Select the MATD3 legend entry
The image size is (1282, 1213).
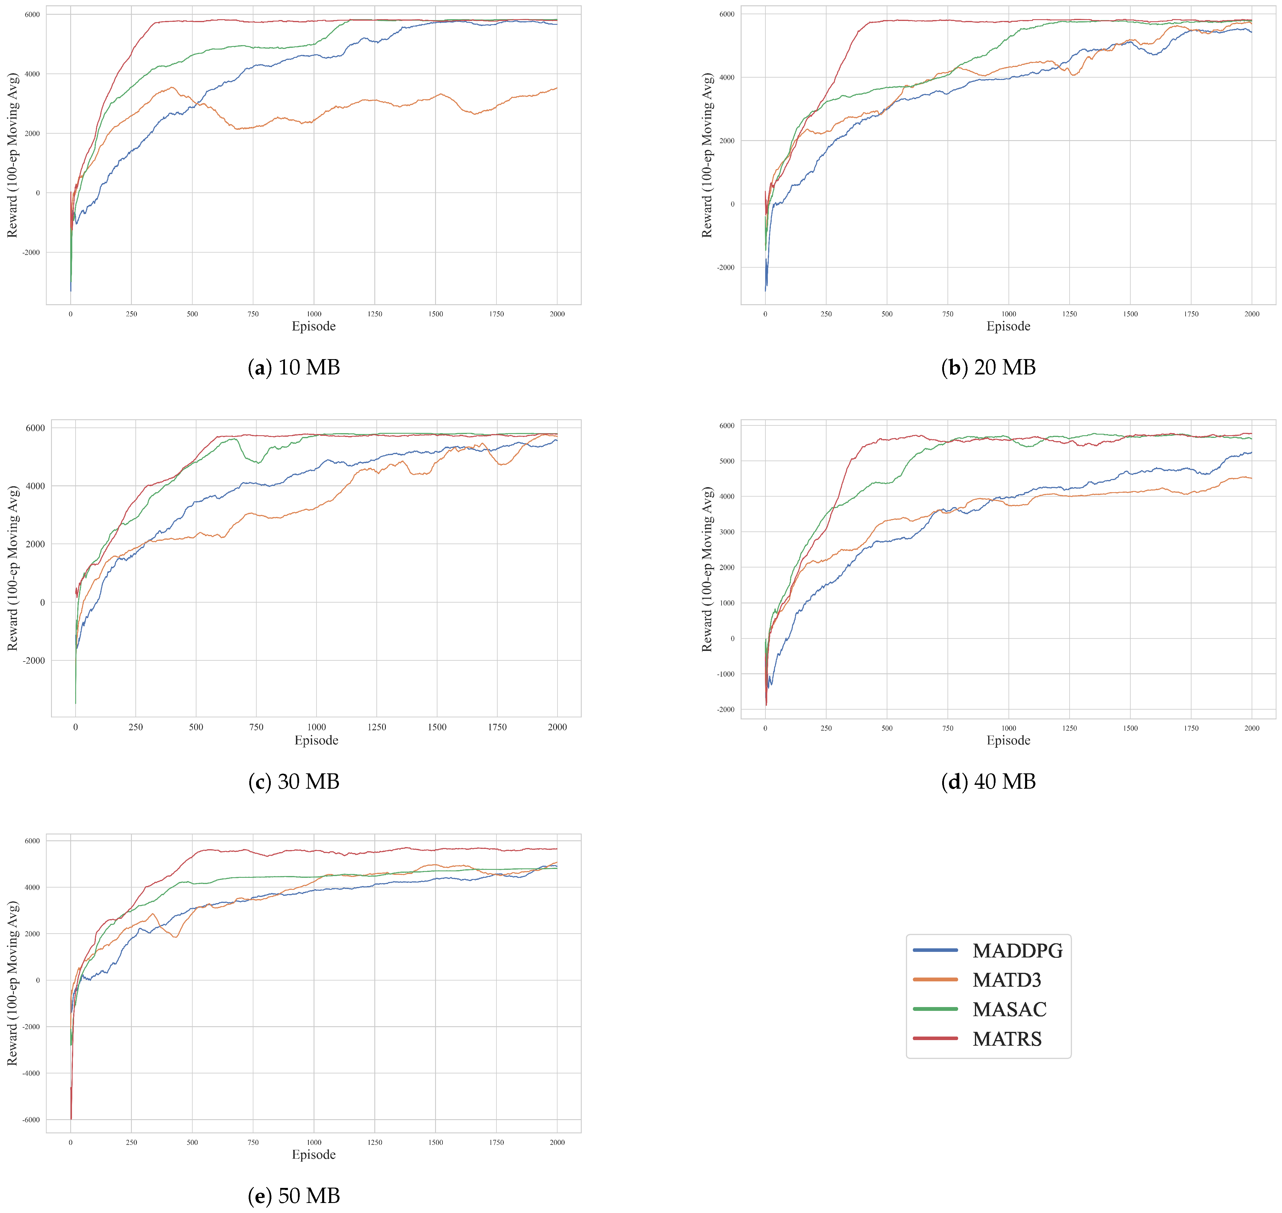[x=1006, y=980]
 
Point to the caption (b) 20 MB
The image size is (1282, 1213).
[x=988, y=367]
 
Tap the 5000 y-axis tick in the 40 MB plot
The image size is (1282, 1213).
[x=727, y=461]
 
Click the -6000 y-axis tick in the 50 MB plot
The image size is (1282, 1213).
[x=31, y=1120]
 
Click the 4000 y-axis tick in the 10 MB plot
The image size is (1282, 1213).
[x=32, y=74]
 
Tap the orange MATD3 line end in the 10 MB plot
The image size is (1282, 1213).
[x=557, y=88]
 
